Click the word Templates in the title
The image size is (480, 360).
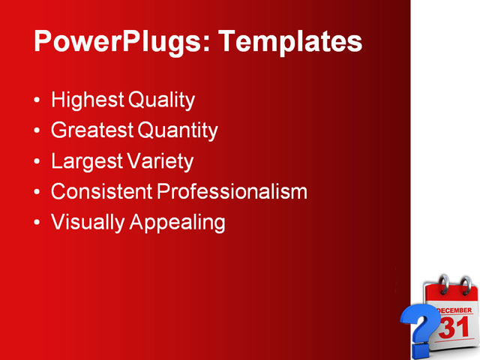[x=289, y=41]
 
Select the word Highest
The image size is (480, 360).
[x=88, y=100]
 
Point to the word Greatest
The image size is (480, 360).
[x=92, y=130]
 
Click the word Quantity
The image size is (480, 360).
[x=178, y=130]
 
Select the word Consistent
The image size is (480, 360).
[x=101, y=192]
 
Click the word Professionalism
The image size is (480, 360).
[x=232, y=192]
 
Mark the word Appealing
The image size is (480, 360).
[x=177, y=223]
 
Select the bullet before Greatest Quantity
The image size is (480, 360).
[x=38, y=132]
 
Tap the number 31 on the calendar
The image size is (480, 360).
[x=454, y=328]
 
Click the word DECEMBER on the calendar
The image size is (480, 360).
[x=454, y=310]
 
